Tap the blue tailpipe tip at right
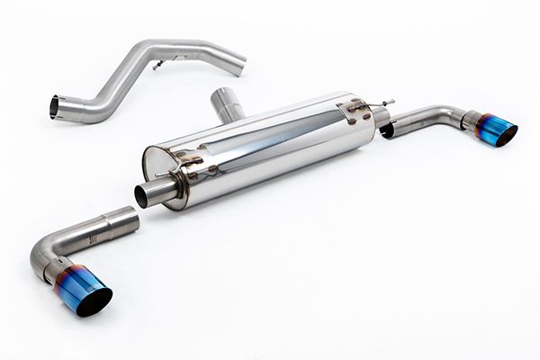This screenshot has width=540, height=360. tap(494, 130)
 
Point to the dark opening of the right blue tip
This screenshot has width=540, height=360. tap(506, 136)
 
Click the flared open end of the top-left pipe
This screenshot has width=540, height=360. tap(55, 107)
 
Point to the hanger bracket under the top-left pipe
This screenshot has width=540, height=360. tap(159, 64)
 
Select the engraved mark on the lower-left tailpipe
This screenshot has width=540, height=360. tap(91, 238)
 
